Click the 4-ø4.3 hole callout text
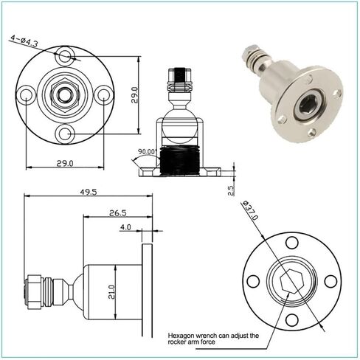[24, 41]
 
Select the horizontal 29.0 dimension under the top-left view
[65, 163]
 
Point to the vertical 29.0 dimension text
[134, 95]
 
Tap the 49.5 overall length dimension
[89, 192]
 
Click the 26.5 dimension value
[118, 213]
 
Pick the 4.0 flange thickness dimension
[125, 227]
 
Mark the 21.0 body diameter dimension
[111, 292]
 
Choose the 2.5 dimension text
[231, 190]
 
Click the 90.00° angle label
[147, 151]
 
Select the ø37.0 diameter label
[250, 210]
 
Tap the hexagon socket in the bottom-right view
[291, 281]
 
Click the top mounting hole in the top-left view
[65, 55]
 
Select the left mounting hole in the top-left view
[26, 95]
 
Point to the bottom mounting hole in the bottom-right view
[292, 320]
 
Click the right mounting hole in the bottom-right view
[330, 281]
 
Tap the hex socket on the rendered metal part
[307, 106]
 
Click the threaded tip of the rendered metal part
[251, 52]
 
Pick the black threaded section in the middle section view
[179, 161]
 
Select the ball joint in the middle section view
[179, 126]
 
